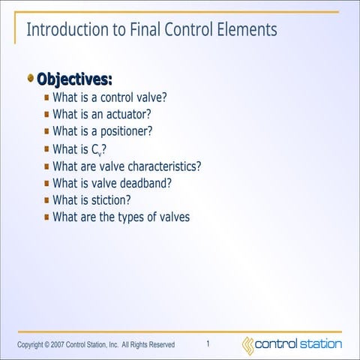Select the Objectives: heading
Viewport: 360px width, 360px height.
tap(74, 79)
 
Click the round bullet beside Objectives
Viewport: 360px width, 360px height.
tap(30, 77)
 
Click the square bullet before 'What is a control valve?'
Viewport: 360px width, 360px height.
tap(46, 97)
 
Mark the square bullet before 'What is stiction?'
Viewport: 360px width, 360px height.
tap(46, 200)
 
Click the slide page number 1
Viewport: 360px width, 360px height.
tap(208, 343)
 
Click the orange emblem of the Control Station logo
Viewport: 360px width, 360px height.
tap(247, 344)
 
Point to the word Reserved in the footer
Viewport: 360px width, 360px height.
tap(161, 345)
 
